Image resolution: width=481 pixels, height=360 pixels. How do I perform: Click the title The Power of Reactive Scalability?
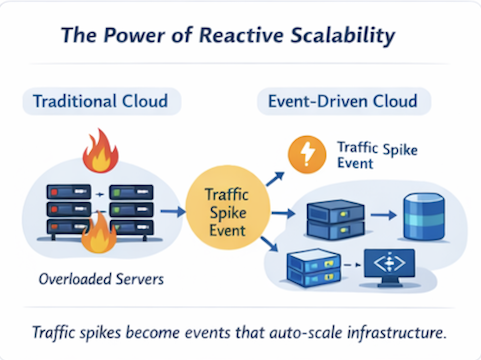pos(227,36)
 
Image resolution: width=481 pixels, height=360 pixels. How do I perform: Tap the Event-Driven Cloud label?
pos(342,101)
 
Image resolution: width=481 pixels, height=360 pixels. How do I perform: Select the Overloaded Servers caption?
pos(101,278)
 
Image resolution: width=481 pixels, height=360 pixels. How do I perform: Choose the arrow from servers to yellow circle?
pos(174,213)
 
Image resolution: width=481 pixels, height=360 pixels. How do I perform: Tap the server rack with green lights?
pos(131,208)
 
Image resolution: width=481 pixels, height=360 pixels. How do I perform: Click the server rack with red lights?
pos(69,208)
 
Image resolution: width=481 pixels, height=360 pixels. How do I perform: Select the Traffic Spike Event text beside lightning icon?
pos(377,155)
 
